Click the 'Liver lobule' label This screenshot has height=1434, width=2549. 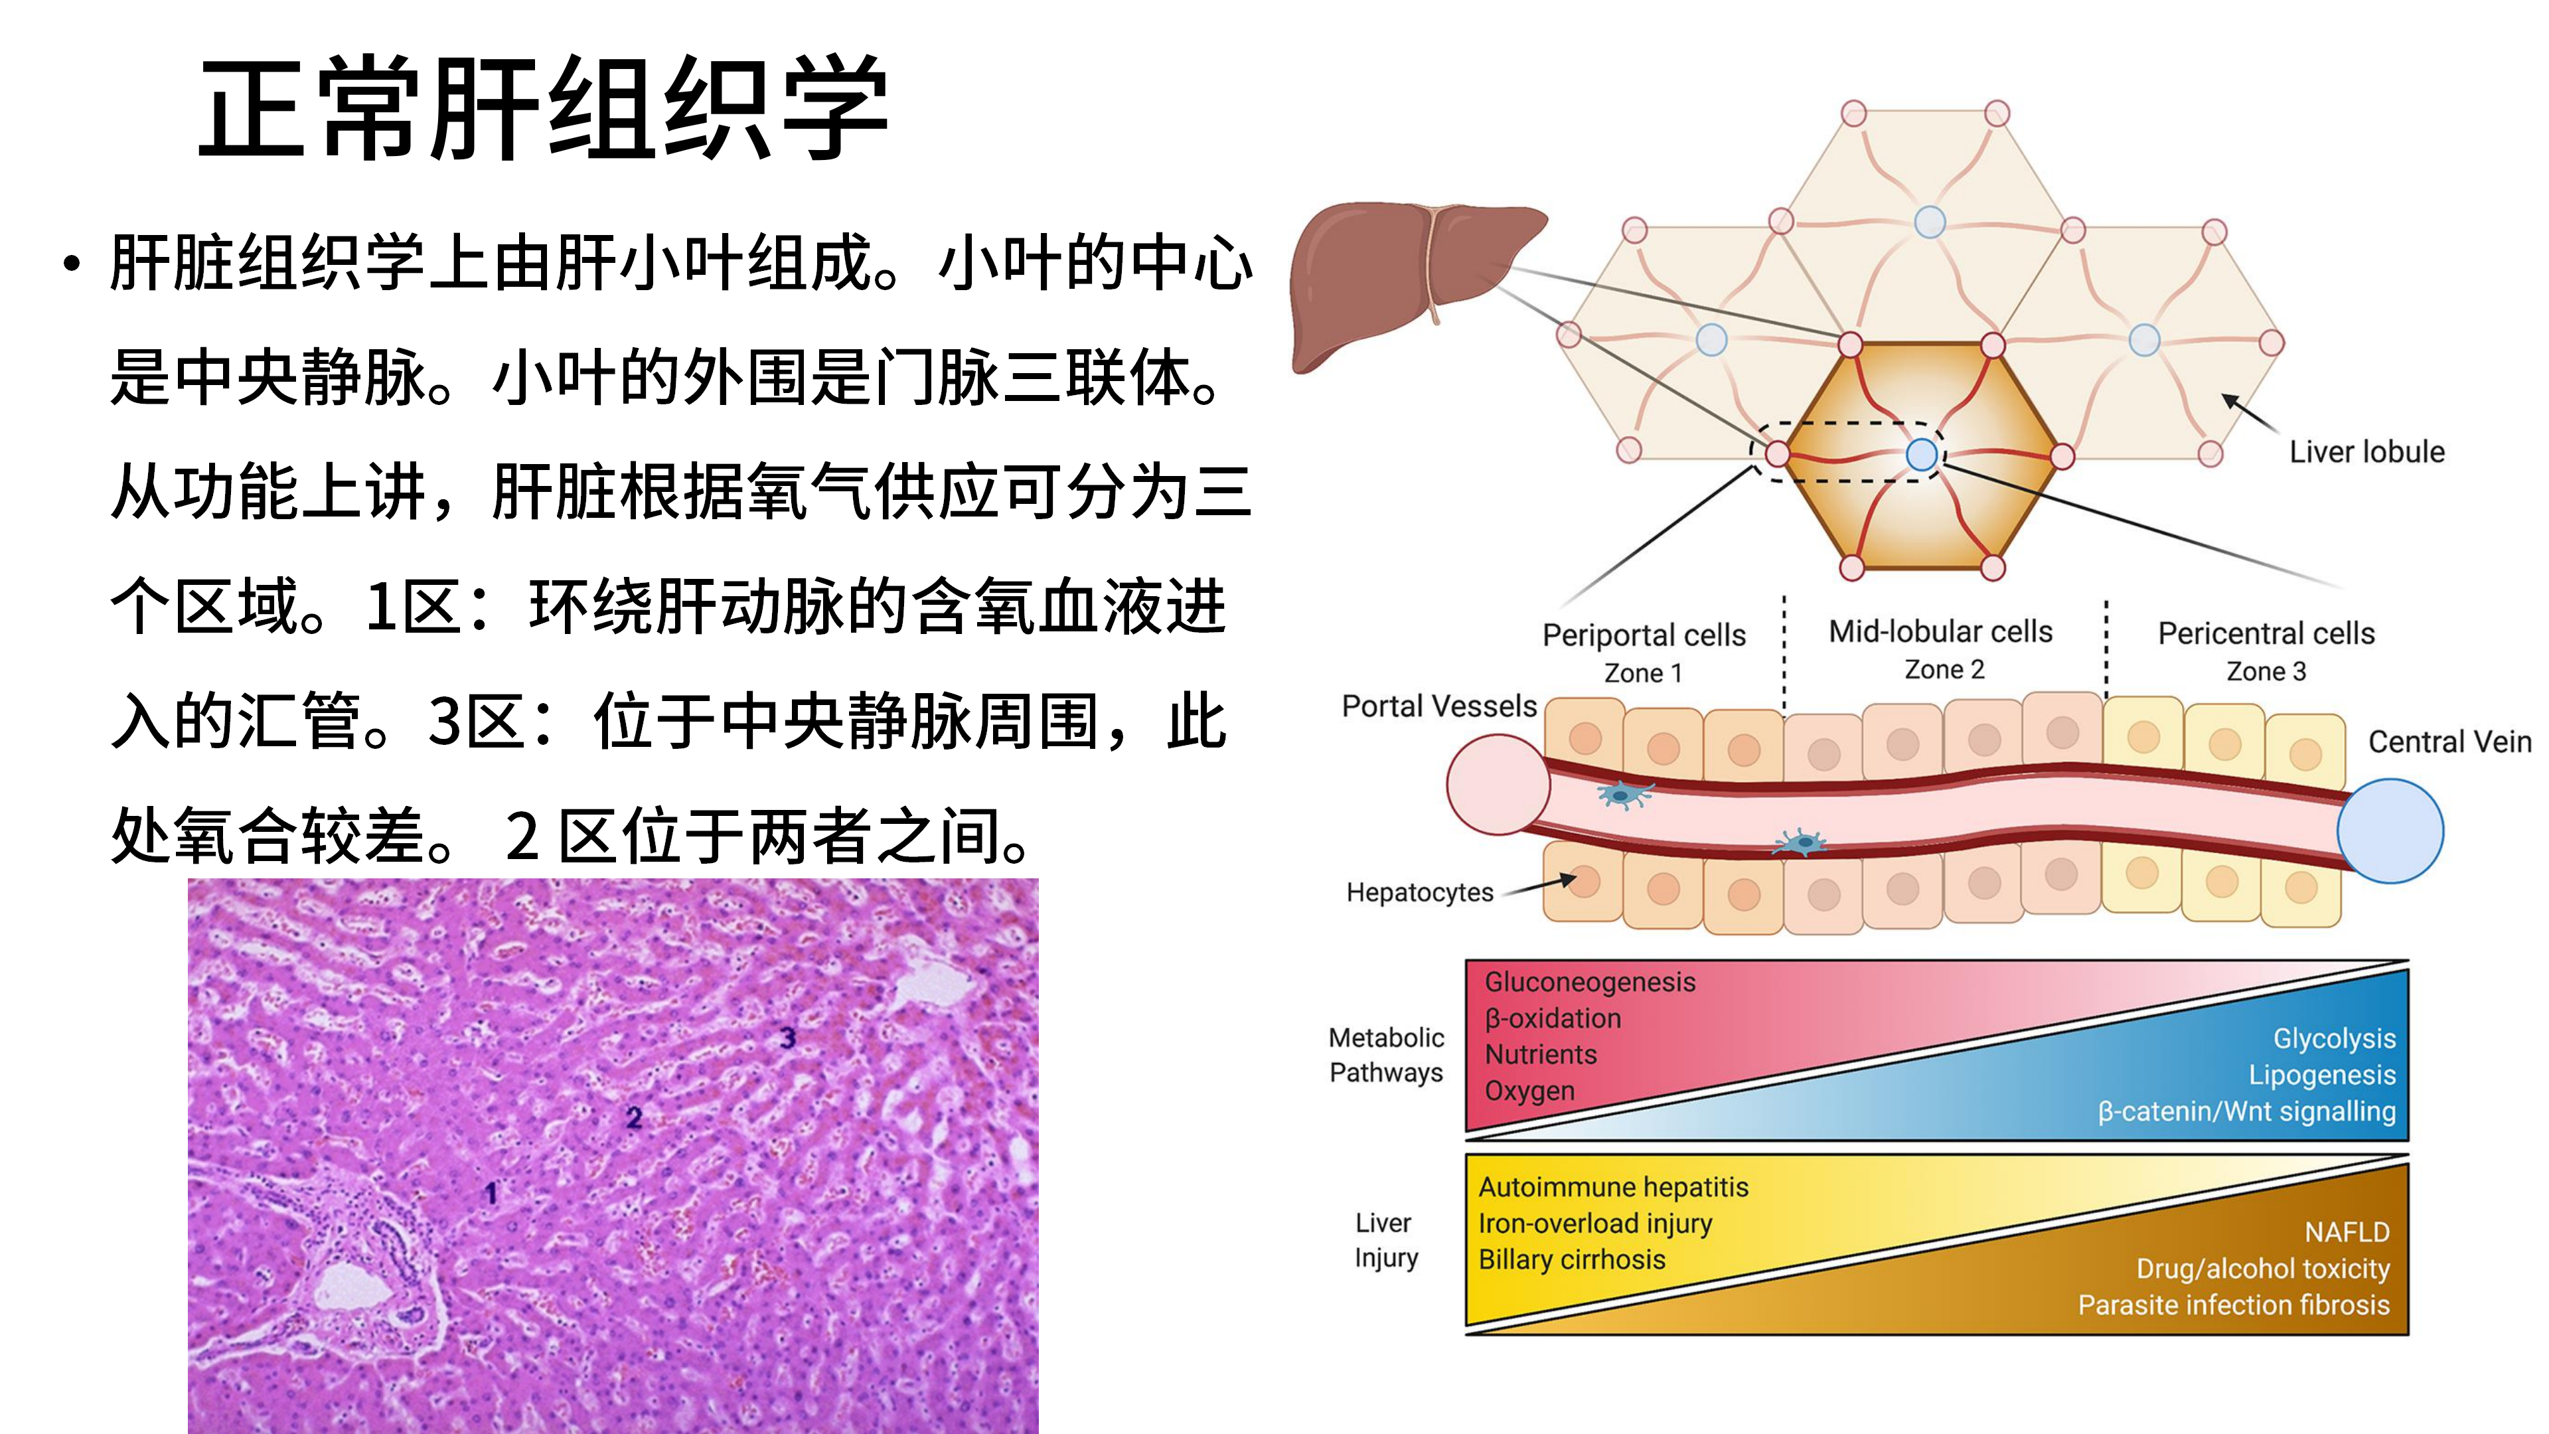pyautogui.click(x=2367, y=452)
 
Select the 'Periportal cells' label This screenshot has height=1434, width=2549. pyautogui.click(x=1644, y=635)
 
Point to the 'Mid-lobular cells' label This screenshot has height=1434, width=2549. pyautogui.click(x=1940, y=631)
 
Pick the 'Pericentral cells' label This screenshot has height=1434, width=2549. pyautogui.click(x=2266, y=633)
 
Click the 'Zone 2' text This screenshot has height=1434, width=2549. pyautogui.click(x=1944, y=670)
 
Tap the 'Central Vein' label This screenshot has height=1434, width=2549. pyautogui.click(x=2449, y=742)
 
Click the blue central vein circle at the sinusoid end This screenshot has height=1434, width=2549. pyautogui.click(x=2390, y=831)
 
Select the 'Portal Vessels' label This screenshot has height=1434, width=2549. pyautogui.click(x=1438, y=706)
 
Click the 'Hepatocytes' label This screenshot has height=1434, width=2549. pyautogui.click(x=1419, y=893)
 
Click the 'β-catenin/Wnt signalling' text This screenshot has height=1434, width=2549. pyautogui.click(x=2246, y=1111)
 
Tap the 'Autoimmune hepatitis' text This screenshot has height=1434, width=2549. pyautogui.click(x=1613, y=1188)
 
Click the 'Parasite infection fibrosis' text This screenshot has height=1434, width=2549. pyautogui.click(x=2233, y=1305)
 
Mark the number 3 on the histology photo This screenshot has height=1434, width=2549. pyautogui.click(x=787, y=1037)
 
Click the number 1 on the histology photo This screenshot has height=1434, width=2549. pyautogui.click(x=491, y=1194)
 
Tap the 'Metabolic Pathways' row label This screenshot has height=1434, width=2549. pyautogui.click(x=1385, y=1055)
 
